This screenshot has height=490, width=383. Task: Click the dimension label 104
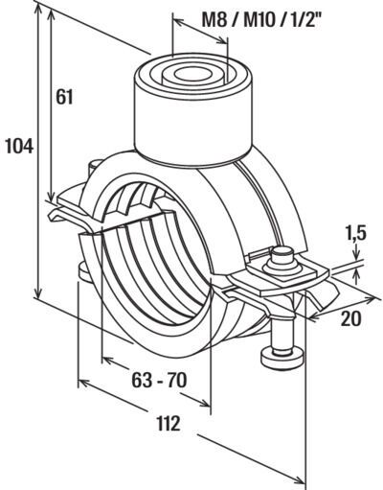click(20, 147)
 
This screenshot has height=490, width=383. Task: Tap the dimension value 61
click(64, 97)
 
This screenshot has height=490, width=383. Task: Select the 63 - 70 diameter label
click(159, 380)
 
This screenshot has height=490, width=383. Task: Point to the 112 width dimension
click(169, 423)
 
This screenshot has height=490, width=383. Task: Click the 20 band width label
click(350, 318)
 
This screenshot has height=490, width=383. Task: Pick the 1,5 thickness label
click(354, 233)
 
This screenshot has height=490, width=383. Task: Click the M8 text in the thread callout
click(214, 20)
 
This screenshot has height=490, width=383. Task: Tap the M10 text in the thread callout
click(260, 20)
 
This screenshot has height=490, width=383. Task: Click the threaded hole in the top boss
click(191, 75)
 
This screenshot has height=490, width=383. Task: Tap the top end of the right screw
click(282, 249)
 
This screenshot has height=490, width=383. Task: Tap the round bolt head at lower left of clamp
click(84, 274)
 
